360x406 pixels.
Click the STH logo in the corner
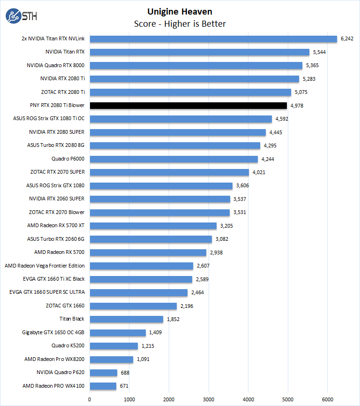[x=21, y=16]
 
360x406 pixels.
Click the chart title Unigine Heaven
[x=180, y=11]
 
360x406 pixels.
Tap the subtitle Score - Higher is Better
[x=180, y=24]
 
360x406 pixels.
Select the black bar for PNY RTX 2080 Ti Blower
[x=188, y=106]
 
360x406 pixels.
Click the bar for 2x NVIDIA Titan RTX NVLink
[x=213, y=39]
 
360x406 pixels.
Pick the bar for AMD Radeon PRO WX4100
[x=103, y=386]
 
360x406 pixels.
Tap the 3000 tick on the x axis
[x=209, y=399]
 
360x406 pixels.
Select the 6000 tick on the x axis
[x=328, y=399]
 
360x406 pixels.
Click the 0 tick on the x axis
[x=90, y=399]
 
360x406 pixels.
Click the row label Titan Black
[x=72, y=319]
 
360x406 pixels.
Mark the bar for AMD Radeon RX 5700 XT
[x=153, y=226]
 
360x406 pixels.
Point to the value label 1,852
[x=173, y=319]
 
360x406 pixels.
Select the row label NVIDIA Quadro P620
[x=60, y=373]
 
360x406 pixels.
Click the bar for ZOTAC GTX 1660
[x=133, y=306]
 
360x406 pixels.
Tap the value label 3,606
[x=243, y=186]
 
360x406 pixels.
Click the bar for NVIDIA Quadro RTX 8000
[x=196, y=66]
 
